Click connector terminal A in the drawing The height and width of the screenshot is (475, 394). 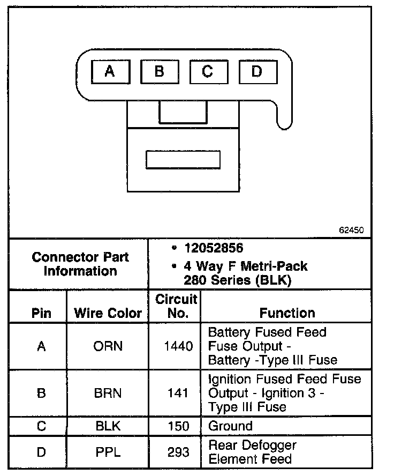pyautogui.click(x=110, y=71)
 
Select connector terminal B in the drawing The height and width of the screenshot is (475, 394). pyautogui.click(x=159, y=71)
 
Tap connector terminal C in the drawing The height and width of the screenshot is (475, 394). pyautogui.click(x=208, y=71)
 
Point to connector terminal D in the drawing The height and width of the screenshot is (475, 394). pyautogui.click(x=257, y=71)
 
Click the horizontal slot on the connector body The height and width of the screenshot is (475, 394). pyautogui.click(x=183, y=160)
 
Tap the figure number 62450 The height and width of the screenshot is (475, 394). pyautogui.click(x=351, y=230)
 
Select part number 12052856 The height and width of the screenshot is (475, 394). pyautogui.click(x=213, y=248)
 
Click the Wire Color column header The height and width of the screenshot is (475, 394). pyautogui.click(x=108, y=313)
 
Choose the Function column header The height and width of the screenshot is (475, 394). pyautogui.click(x=287, y=313)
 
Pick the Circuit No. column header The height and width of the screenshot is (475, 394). pyautogui.click(x=176, y=306)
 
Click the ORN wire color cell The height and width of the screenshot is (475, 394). pyautogui.click(x=108, y=346)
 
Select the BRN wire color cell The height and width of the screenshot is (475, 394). pyautogui.click(x=108, y=393)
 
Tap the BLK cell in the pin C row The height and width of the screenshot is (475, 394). pyautogui.click(x=108, y=427)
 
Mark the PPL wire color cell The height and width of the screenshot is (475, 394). pyautogui.click(x=108, y=452)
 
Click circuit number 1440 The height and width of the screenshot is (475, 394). pyautogui.click(x=178, y=346)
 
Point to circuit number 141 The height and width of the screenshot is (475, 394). pyautogui.click(x=178, y=393)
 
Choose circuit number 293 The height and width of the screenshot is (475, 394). pyautogui.click(x=178, y=452)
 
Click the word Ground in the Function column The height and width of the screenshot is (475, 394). pyautogui.click(x=230, y=427)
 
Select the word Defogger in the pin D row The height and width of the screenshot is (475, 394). pyautogui.click(x=267, y=446)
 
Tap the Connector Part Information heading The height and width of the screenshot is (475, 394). pyautogui.click(x=80, y=264)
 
